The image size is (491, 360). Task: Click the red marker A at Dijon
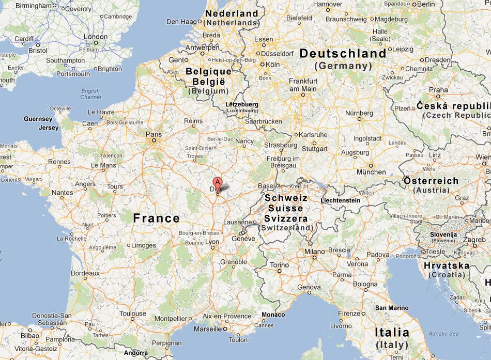pyautogui.click(x=218, y=182)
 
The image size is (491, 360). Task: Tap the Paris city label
pyautogui.click(x=154, y=134)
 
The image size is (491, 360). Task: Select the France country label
pyautogui.click(x=157, y=218)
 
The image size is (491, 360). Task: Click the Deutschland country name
pyautogui.click(x=343, y=53)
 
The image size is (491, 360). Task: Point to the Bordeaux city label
pyautogui.click(x=85, y=273)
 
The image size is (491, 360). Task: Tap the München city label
pyautogui.click(x=371, y=172)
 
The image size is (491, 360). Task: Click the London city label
pyautogui.click(x=96, y=37)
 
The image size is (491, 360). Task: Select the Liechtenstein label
pyautogui.click(x=340, y=200)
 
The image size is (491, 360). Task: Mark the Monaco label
pyautogui.click(x=273, y=315)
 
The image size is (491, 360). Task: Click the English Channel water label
pyautogui.click(x=91, y=94)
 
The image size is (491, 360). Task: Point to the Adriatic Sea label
pyautogui.click(x=443, y=334)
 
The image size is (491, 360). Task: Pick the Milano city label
pyautogui.click(x=314, y=251)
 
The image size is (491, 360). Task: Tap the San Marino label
pyautogui.click(x=391, y=308)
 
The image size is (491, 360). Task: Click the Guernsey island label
pyautogui.click(x=38, y=119)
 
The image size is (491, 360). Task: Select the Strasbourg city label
pyautogui.click(x=281, y=145)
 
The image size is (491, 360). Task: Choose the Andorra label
pyautogui.click(x=136, y=353)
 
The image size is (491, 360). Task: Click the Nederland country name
pyautogui.click(x=232, y=13)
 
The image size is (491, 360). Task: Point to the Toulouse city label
pyautogui.click(x=133, y=314)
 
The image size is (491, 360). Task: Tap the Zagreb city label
pyautogui.click(x=473, y=240)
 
